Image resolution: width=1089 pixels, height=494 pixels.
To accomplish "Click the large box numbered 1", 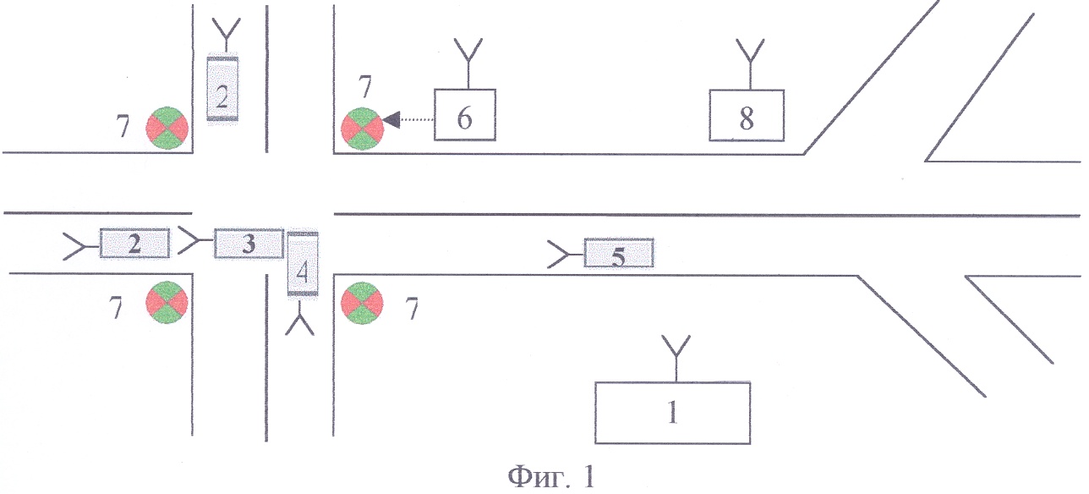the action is pyautogui.click(x=672, y=413).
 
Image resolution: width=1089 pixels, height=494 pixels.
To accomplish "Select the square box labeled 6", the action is pyautogui.click(x=465, y=115).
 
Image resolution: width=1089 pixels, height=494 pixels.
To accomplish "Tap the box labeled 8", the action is pyautogui.click(x=747, y=115).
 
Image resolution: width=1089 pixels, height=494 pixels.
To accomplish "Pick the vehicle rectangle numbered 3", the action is pyautogui.click(x=249, y=243).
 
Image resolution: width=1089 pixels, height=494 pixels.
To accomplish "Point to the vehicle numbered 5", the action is pyautogui.click(x=618, y=253).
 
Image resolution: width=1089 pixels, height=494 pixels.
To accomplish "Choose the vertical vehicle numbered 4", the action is pyautogui.click(x=303, y=264).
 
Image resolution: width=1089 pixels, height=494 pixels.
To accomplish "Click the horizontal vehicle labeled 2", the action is pyautogui.click(x=134, y=243).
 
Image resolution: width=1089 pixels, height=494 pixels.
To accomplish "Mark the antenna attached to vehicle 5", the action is pyautogui.click(x=566, y=254).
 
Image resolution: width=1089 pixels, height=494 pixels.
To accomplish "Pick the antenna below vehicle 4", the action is pyautogui.click(x=300, y=318).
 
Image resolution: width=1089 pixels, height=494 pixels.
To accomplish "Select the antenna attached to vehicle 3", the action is pyautogui.click(x=196, y=240).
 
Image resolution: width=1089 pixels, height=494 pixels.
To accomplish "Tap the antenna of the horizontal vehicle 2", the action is pyautogui.click(x=82, y=246).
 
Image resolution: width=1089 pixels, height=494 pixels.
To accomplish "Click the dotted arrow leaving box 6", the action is pyautogui.click(x=408, y=119).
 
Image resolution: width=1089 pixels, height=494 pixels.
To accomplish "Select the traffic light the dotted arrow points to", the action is pyautogui.click(x=362, y=129).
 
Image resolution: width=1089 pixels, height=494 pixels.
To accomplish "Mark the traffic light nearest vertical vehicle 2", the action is pyautogui.click(x=167, y=128).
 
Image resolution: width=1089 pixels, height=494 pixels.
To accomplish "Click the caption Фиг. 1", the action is pyautogui.click(x=551, y=477).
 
